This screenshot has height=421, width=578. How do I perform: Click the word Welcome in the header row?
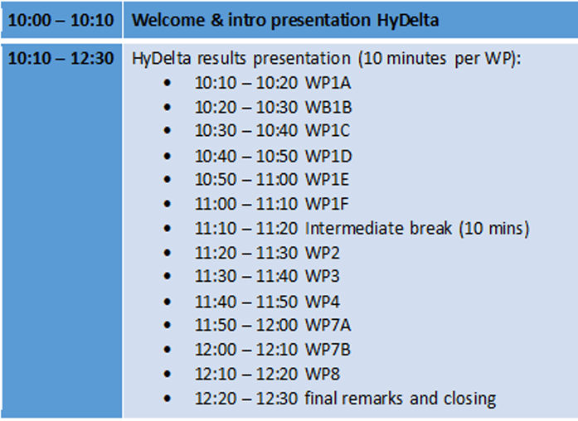(168, 20)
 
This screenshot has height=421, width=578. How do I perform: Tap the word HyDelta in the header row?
(408, 21)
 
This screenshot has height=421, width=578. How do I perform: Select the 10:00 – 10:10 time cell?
(61, 20)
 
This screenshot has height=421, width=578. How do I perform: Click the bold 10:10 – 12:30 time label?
(61, 58)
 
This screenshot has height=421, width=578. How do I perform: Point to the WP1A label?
(328, 83)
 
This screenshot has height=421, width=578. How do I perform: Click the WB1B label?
(328, 107)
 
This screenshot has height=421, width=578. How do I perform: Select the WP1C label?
(328, 130)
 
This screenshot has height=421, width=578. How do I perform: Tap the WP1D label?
(328, 156)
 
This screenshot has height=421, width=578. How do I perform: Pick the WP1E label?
(327, 179)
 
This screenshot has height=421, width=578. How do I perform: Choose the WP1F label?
(327, 204)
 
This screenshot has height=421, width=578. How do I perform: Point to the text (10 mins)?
(494, 229)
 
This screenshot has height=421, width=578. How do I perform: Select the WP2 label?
(323, 253)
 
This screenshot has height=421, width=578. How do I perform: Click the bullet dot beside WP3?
(167, 276)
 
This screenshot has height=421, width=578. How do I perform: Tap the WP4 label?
(323, 302)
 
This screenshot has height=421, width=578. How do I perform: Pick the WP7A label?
(328, 325)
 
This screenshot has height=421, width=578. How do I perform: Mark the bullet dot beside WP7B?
(167, 349)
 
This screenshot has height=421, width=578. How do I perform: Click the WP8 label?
(323, 375)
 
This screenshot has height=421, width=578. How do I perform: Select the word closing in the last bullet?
(469, 399)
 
